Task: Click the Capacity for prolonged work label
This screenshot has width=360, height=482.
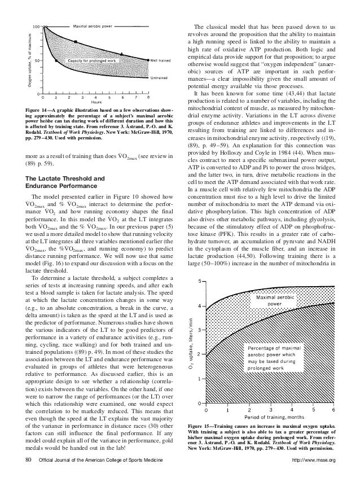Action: (92, 60)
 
